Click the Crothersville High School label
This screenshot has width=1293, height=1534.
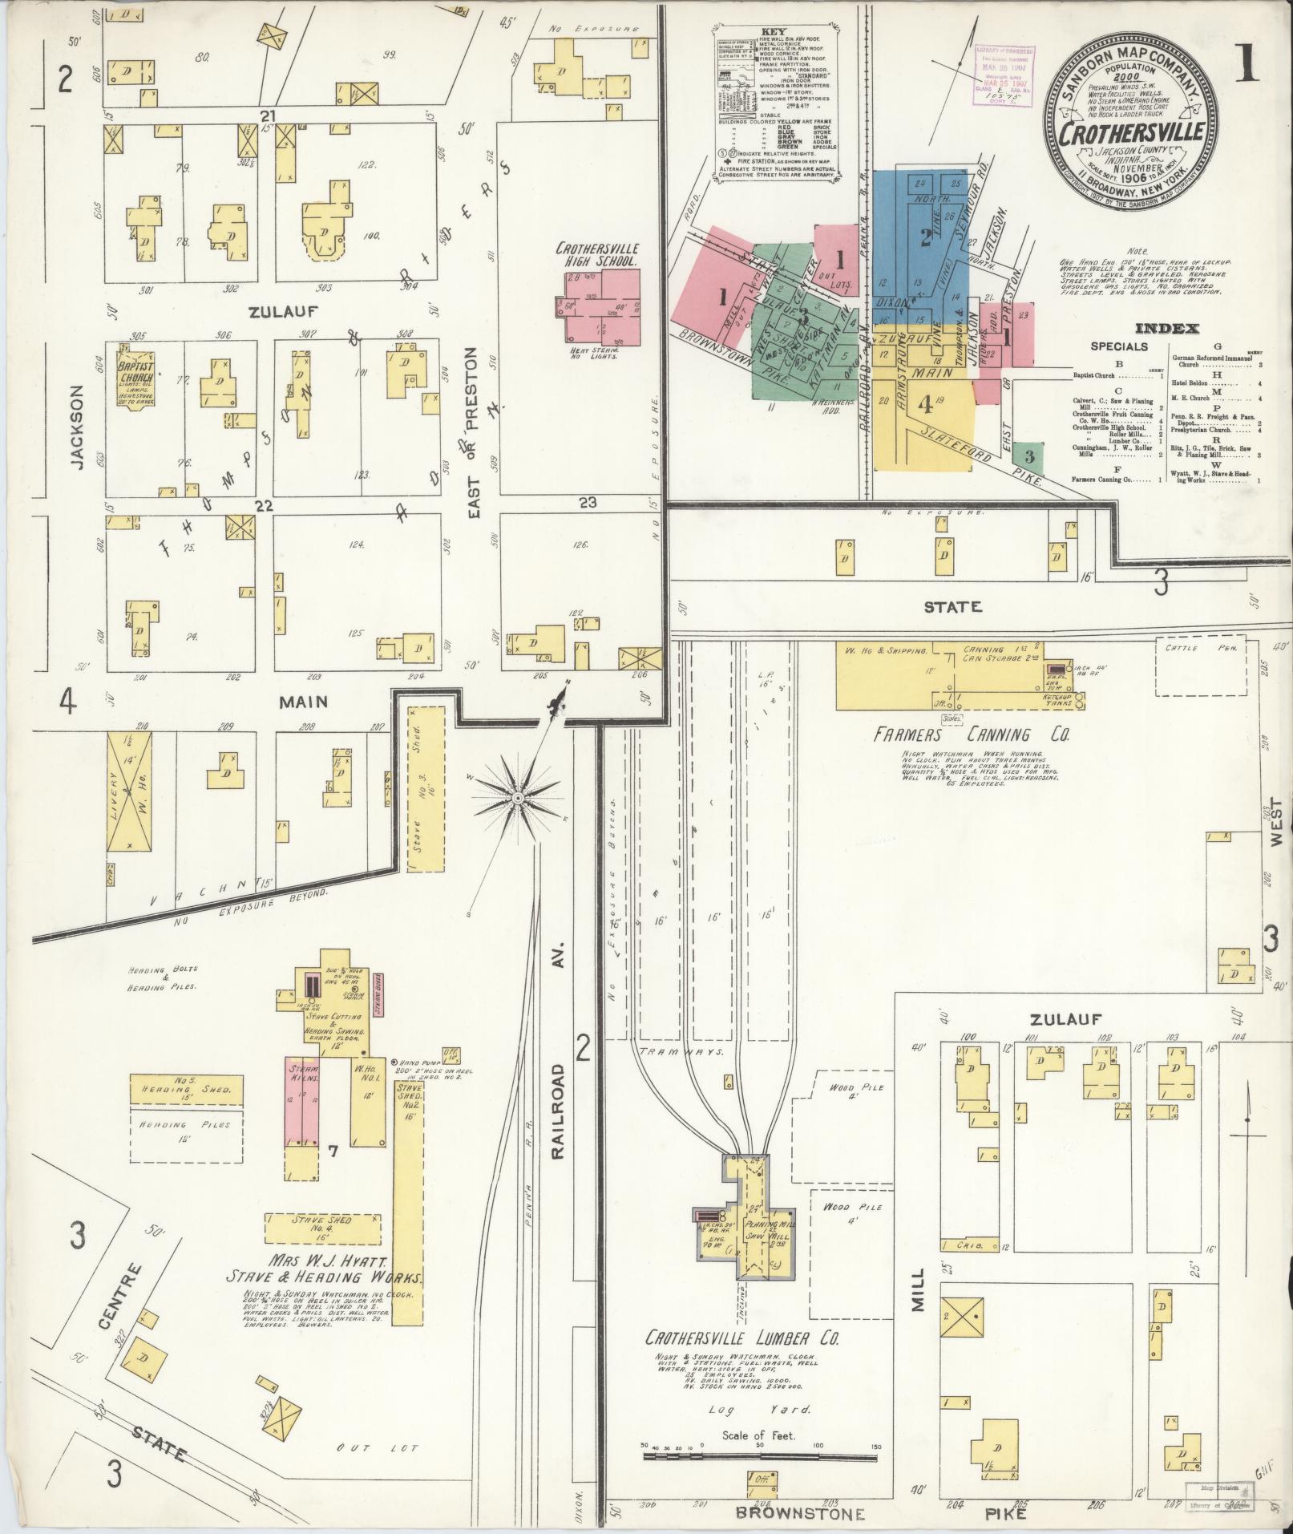[x=596, y=255]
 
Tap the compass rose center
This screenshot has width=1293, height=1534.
[x=518, y=798]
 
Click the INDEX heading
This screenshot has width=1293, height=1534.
[x=1166, y=328]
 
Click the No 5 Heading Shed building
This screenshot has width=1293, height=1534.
[x=186, y=1089]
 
